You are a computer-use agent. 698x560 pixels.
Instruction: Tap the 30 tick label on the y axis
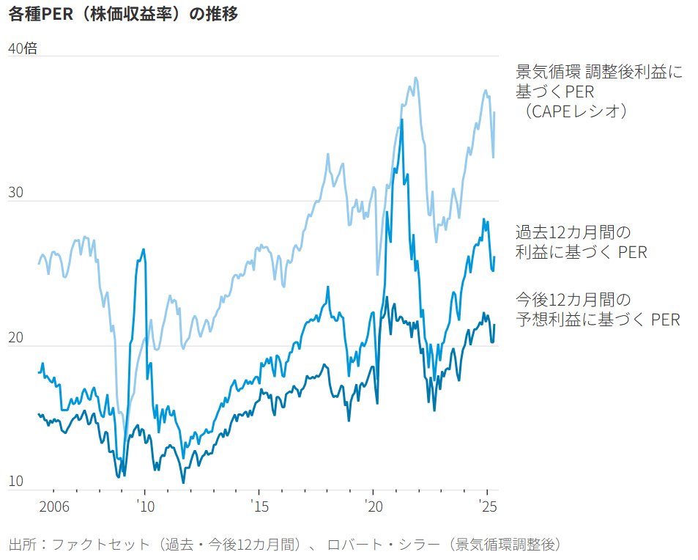tap(16, 194)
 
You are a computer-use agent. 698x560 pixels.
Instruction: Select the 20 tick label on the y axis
tap(16, 338)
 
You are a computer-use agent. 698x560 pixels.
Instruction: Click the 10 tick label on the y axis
tap(16, 482)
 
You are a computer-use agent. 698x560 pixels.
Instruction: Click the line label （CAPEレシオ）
tap(573, 111)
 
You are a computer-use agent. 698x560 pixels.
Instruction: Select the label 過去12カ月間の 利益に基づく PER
tap(581, 243)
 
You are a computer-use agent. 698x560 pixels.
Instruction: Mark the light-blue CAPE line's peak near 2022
tap(415, 78)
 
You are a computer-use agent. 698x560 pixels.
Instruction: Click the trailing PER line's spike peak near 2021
tap(402, 119)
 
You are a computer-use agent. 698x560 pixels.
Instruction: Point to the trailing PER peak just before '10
tap(143, 249)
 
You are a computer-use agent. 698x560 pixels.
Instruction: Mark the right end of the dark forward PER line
tap(494, 325)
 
